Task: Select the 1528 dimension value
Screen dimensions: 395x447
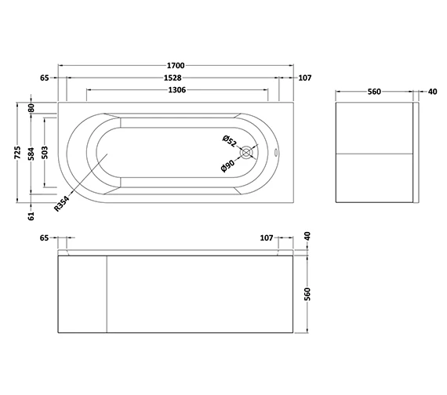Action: click(x=173, y=78)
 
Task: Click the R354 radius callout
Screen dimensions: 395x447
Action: click(x=64, y=204)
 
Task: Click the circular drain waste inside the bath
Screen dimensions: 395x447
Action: click(x=248, y=154)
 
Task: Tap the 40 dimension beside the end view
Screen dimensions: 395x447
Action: click(x=433, y=92)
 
